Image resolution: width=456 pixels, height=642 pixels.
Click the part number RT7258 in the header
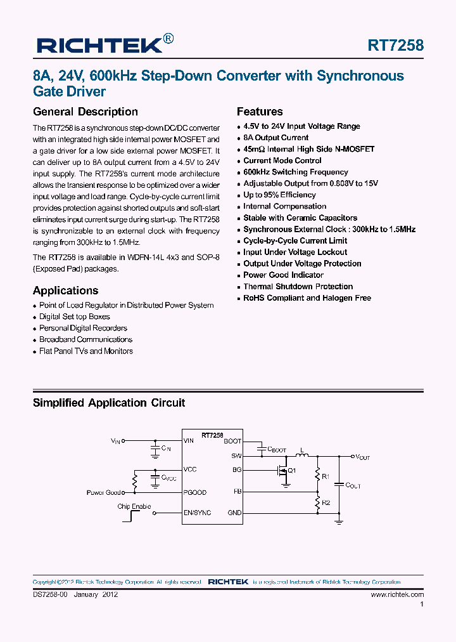coord(396,45)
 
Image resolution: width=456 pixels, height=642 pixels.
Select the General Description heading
coord(85,112)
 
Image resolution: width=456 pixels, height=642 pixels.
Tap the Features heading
coord(260,112)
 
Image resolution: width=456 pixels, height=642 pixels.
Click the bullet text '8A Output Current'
coord(275,138)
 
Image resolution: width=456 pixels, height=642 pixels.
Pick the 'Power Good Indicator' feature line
coord(283,275)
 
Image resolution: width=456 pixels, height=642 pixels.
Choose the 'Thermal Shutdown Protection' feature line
coord(298,286)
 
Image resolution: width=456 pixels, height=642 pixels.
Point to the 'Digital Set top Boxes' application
coord(74,317)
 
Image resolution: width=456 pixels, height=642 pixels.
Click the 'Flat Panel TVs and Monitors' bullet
coord(85,351)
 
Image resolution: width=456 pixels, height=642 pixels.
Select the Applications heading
coord(65,291)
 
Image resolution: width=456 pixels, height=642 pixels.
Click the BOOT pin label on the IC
coord(232,440)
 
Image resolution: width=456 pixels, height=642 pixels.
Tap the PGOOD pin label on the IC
coord(194,492)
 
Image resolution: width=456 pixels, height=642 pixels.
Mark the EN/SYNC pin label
coord(197,513)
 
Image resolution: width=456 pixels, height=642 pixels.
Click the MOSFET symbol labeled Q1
coord(283,471)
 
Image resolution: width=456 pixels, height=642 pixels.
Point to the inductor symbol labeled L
coord(302,455)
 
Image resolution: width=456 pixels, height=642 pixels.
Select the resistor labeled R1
coord(317,474)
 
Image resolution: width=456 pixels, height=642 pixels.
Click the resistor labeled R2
coord(317,502)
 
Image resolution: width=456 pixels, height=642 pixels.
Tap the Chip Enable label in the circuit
coord(134,506)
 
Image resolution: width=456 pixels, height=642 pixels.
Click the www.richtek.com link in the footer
coord(397,594)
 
